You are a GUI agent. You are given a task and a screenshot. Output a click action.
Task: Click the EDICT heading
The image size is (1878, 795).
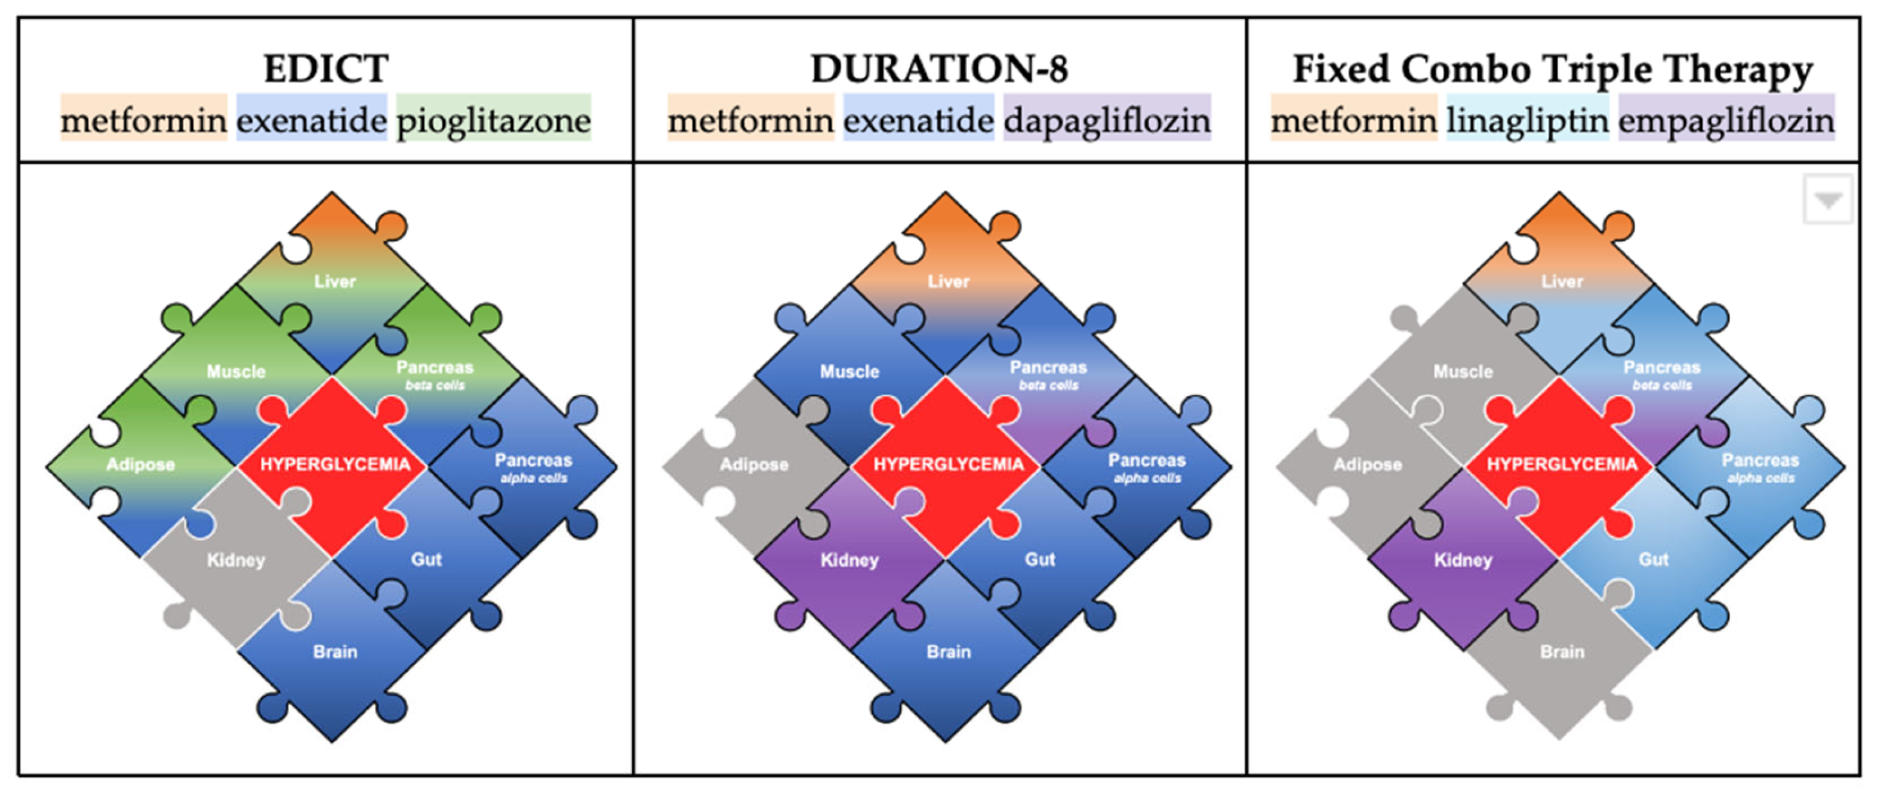click(x=326, y=69)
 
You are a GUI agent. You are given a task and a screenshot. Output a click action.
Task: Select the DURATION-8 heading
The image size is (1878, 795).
click(x=939, y=69)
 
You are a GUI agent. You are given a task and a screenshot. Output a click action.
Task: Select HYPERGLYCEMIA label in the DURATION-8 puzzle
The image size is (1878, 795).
click(x=948, y=464)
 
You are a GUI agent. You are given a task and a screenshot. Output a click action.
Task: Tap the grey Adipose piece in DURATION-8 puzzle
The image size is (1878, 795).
click(x=754, y=464)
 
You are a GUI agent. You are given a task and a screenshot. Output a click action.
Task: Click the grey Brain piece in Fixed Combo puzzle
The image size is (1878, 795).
click(x=1562, y=651)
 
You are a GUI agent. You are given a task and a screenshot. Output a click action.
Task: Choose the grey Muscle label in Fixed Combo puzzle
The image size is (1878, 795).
click(x=1463, y=371)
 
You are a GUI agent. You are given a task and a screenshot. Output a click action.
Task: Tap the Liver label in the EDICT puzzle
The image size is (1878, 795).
click(x=335, y=281)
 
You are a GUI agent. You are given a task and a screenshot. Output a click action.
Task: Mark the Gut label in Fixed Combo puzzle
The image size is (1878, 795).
click(x=1653, y=559)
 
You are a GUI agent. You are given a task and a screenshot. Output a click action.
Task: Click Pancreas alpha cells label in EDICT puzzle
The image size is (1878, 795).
click(x=533, y=467)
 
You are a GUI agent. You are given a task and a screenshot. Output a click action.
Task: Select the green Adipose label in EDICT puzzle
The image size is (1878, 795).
click(x=141, y=464)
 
